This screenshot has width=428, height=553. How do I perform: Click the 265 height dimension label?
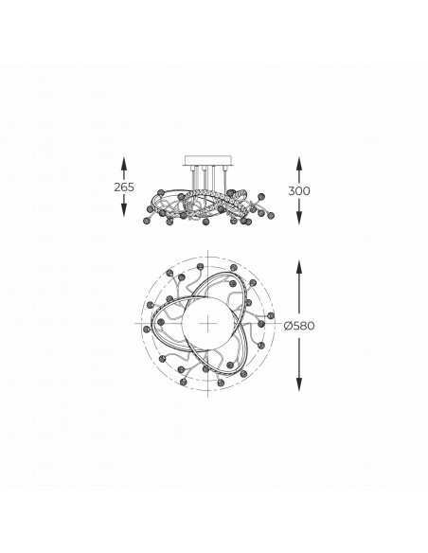point(124,187)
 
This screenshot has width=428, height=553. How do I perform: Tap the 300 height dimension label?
point(299,190)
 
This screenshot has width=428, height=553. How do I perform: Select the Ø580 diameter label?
point(299,326)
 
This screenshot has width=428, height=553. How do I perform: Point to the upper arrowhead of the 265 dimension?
point(124,164)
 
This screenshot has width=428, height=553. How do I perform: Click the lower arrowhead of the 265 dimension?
point(124,210)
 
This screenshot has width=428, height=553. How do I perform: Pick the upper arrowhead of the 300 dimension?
point(299,164)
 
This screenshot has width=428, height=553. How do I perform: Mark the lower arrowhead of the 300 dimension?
point(299,217)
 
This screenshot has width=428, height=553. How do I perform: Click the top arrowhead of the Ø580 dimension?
point(299,267)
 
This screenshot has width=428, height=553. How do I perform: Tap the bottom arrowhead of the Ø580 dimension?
point(299,384)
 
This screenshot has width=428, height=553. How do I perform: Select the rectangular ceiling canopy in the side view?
point(208,161)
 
